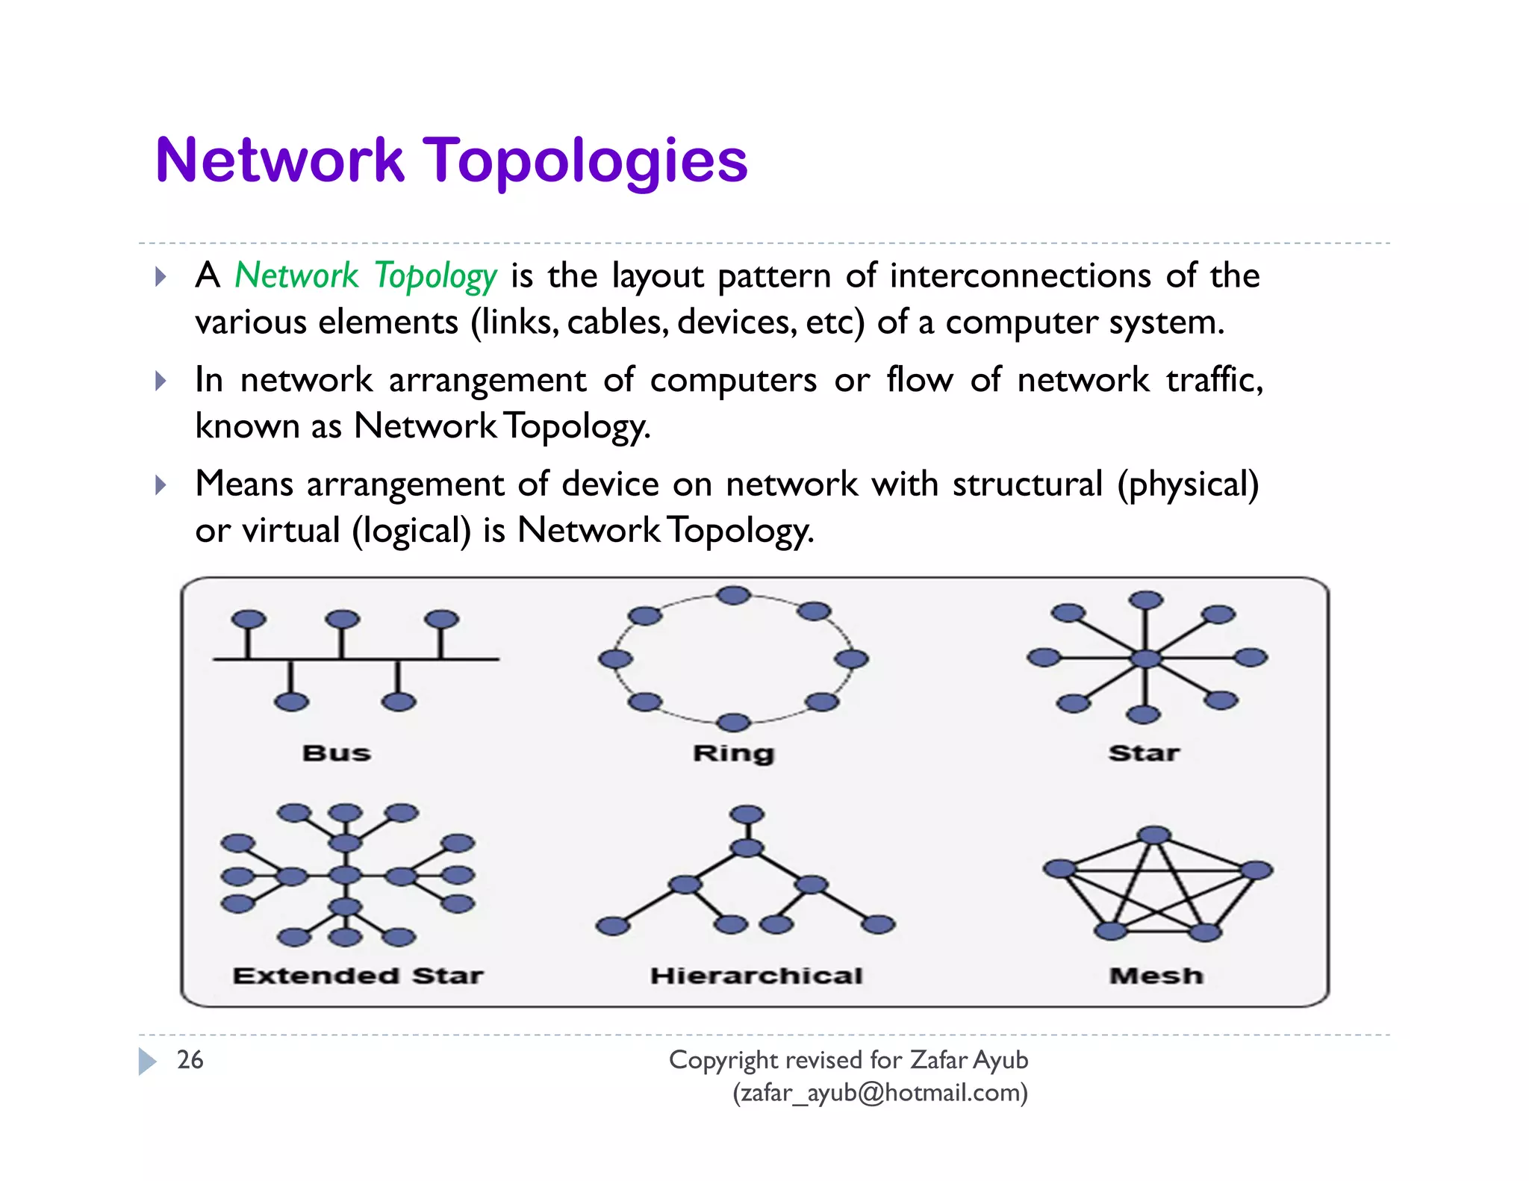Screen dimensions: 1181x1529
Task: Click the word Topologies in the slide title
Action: point(585,161)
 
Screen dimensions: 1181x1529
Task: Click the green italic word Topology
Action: point(435,276)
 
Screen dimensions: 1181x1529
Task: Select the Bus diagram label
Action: point(337,752)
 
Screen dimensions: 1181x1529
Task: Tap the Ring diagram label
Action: point(734,753)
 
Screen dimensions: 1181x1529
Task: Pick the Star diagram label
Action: point(1144,752)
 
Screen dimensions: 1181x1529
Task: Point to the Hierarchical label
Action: point(756,976)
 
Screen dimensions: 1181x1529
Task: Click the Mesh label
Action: point(1156,976)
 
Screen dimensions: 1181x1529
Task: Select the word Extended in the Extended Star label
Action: point(316,976)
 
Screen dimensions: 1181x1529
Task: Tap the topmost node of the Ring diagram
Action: point(733,595)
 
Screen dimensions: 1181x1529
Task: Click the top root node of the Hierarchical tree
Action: point(747,814)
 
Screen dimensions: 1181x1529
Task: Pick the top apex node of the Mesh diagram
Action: point(1154,835)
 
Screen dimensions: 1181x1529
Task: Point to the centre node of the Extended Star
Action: point(345,875)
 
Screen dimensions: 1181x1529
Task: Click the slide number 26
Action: point(190,1060)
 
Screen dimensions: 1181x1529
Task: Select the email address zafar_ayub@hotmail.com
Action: point(880,1093)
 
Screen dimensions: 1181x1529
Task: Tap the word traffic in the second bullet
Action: point(1213,380)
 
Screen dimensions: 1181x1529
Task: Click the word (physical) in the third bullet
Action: point(1188,484)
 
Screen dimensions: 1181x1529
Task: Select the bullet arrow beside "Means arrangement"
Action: point(161,485)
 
